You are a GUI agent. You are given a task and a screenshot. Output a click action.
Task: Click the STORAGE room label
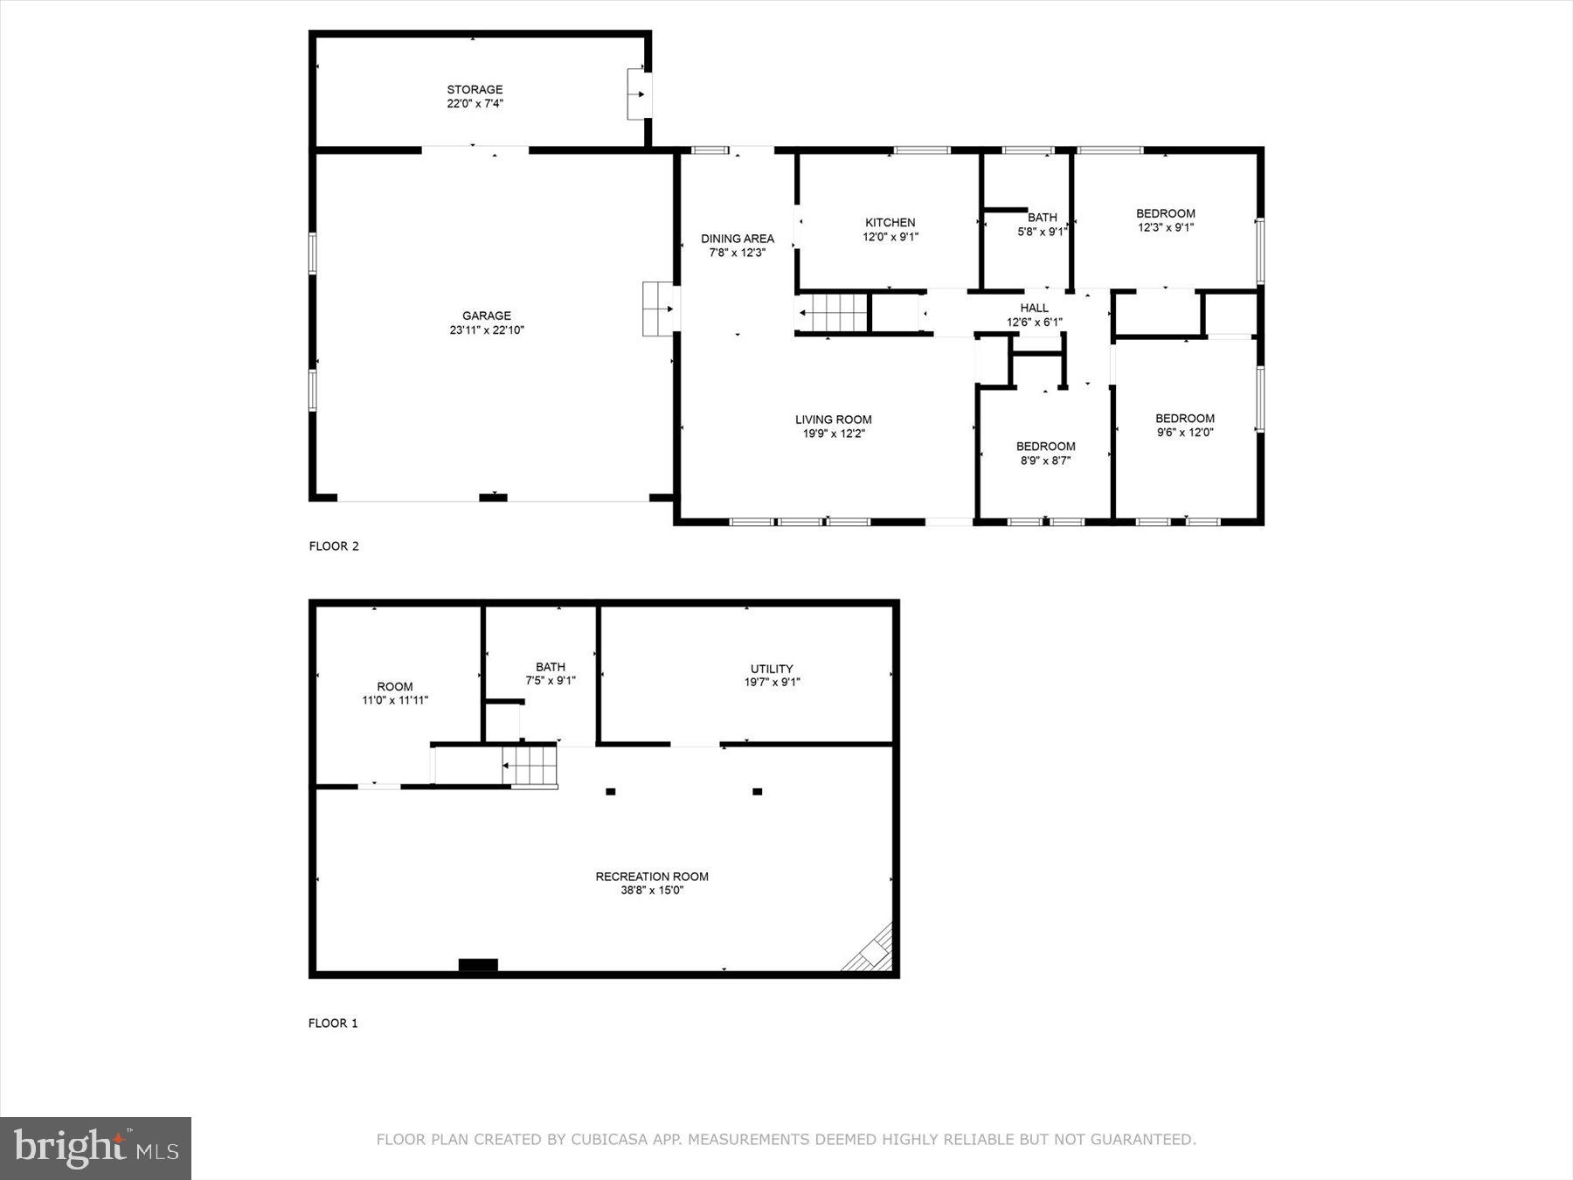pyautogui.click(x=475, y=90)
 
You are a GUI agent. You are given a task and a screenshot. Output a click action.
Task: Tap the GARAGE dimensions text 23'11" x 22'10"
pyautogui.click(x=487, y=330)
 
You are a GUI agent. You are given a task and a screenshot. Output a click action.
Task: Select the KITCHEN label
pyautogui.click(x=890, y=223)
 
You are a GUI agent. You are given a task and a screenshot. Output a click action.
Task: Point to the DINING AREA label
pyautogui.click(x=737, y=239)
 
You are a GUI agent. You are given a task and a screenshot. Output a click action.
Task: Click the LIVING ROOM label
pyautogui.click(x=833, y=420)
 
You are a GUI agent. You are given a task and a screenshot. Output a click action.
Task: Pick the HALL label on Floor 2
pyautogui.click(x=1034, y=309)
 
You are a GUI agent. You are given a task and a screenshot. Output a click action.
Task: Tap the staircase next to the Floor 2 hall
pyautogui.click(x=832, y=313)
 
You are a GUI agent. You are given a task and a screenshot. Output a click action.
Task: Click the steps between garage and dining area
pyautogui.click(x=657, y=309)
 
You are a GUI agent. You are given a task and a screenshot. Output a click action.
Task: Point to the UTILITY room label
pyautogui.click(x=772, y=670)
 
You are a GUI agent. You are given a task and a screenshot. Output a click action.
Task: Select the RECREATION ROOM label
pyautogui.click(x=651, y=877)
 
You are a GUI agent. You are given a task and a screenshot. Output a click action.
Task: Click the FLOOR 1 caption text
pyautogui.click(x=333, y=1023)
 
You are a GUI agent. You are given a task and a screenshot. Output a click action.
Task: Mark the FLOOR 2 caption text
pyautogui.click(x=334, y=546)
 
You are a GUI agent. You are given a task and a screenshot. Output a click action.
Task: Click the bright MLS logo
pyautogui.click(x=95, y=1148)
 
